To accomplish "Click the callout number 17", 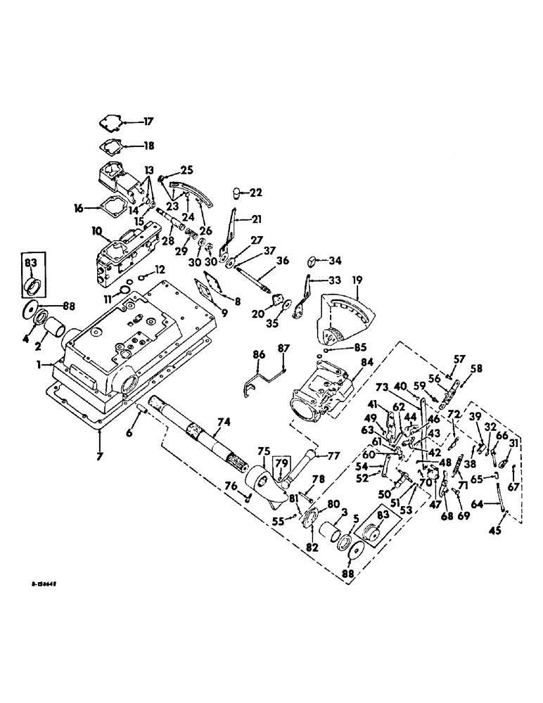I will click(148, 122).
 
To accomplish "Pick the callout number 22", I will click(255, 193).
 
